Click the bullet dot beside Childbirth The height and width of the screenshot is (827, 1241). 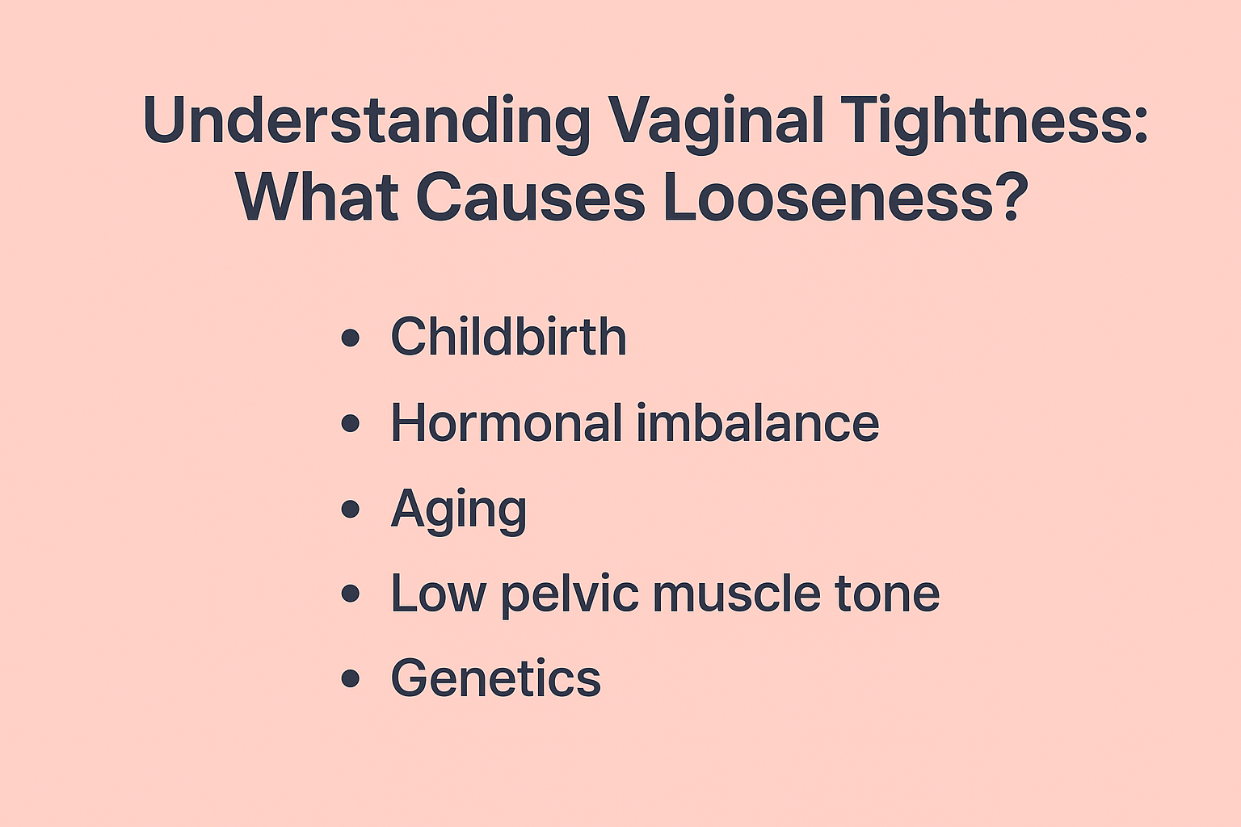click(350, 338)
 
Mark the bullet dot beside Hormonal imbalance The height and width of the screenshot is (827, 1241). click(350, 424)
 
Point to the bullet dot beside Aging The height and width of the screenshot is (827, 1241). click(350, 510)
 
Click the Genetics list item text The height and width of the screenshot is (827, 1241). click(495, 678)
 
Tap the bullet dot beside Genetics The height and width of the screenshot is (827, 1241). click(350, 678)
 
